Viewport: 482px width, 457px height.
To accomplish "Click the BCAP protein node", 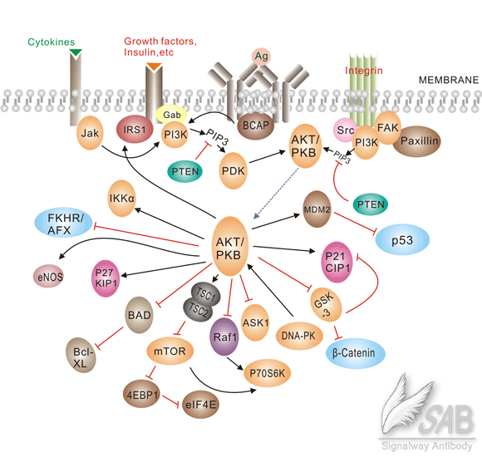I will tap(253, 127).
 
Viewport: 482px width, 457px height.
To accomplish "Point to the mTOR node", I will tap(170, 352).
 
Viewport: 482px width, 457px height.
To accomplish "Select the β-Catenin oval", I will tap(353, 354).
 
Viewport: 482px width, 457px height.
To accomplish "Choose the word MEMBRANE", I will tap(446, 80).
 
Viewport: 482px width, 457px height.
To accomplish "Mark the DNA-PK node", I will tap(296, 336).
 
